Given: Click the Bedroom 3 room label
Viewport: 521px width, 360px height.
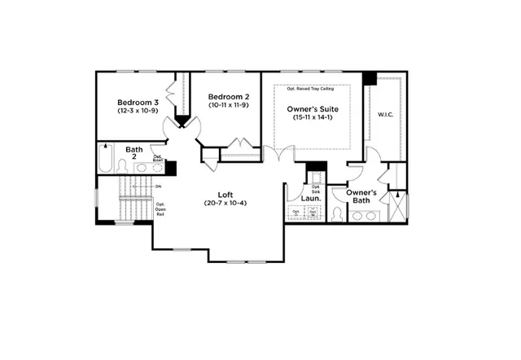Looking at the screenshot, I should [x=134, y=103].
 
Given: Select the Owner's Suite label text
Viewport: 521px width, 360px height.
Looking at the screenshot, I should [x=312, y=108].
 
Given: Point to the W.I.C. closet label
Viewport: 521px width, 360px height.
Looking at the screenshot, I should [x=385, y=115].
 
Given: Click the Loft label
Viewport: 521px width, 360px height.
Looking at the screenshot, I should [x=225, y=194].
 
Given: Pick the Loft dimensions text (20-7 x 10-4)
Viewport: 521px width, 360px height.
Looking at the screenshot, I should [x=225, y=203].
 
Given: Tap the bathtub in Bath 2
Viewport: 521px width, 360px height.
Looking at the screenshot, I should [x=105, y=158].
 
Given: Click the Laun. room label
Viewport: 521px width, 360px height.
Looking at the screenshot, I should [x=310, y=197].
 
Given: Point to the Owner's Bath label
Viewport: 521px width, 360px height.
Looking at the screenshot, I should [x=360, y=196].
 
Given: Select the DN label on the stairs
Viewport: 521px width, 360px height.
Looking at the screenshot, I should [x=158, y=187].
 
